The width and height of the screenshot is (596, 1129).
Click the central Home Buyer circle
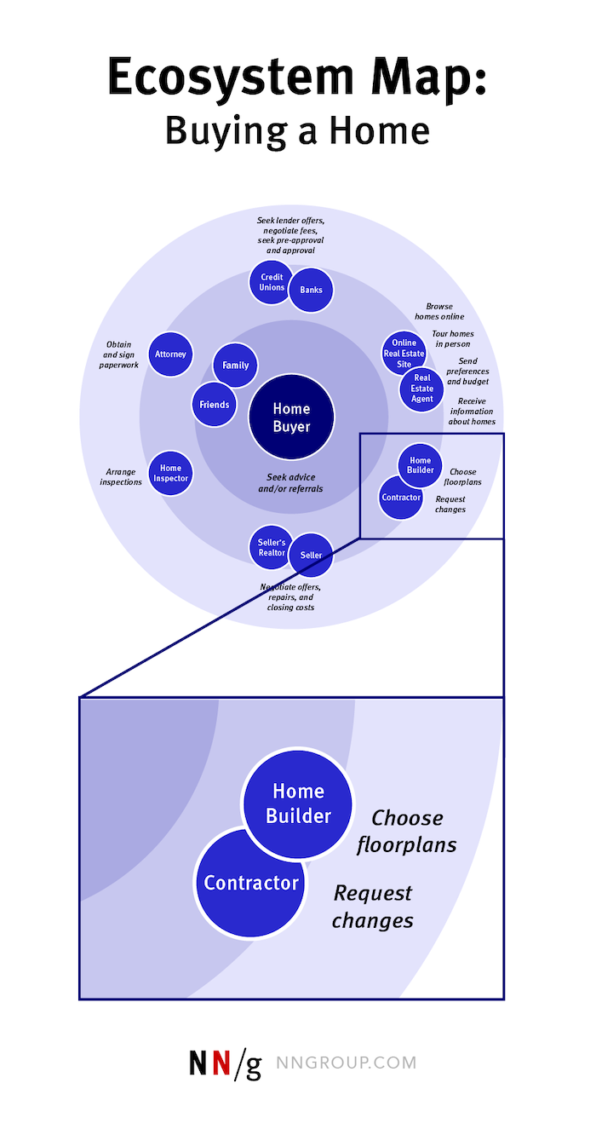(x=291, y=418)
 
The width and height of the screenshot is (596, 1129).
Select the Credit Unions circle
(x=272, y=282)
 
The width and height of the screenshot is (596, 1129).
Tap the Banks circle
(x=311, y=290)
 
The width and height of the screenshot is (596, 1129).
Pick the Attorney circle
(x=170, y=354)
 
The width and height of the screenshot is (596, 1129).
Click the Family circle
(x=235, y=365)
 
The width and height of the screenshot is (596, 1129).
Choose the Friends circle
(x=214, y=404)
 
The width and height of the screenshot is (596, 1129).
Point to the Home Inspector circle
(x=170, y=473)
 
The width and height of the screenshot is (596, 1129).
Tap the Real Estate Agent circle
(x=421, y=389)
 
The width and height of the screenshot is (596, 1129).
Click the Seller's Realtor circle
(x=271, y=547)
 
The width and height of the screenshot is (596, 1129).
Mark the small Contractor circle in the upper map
(x=400, y=498)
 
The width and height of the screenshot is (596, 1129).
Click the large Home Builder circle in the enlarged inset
(x=298, y=804)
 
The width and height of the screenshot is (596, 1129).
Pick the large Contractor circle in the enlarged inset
(x=250, y=883)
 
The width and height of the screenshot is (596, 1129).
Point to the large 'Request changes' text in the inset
(x=373, y=907)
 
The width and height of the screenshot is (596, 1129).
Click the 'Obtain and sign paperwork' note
(x=118, y=354)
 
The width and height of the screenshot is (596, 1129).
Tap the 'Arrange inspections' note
(x=121, y=476)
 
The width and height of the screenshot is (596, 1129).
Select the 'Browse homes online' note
(x=439, y=311)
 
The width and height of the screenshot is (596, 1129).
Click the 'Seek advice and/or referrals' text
(x=291, y=482)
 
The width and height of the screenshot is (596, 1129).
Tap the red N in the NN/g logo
(x=222, y=1063)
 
